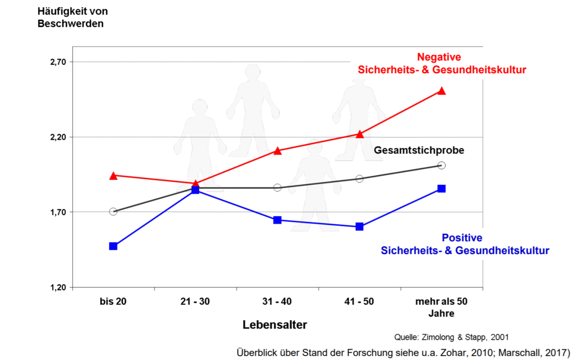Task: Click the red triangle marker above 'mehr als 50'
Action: pyautogui.click(x=441, y=91)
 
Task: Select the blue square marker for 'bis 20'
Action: pyautogui.click(x=113, y=246)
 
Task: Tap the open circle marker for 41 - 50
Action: pyautogui.click(x=359, y=179)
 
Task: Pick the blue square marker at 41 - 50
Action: pyautogui.click(x=359, y=226)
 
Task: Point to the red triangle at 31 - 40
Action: pyautogui.click(x=277, y=151)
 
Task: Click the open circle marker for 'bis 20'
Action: pyautogui.click(x=113, y=211)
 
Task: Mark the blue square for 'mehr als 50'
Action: pyautogui.click(x=441, y=188)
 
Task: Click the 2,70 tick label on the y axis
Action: pyautogui.click(x=58, y=62)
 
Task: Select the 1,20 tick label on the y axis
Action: pyautogui.click(x=58, y=287)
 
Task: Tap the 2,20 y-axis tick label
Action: pyautogui.click(x=58, y=137)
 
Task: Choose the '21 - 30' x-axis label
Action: pyautogui.click(x=195, y=301)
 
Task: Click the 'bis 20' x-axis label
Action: pyautogui.click(x=113, y=301)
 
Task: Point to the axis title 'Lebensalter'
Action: pyautogui.click(x=275, y=325)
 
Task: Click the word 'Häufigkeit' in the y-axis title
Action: pyautogui.click(x=58, y=11)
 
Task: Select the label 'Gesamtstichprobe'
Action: pyautogui.click(x=419, y=150)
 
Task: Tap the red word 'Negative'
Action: pyautogui.click(x=439, y=57)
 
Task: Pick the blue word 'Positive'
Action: pyautogui.click(x=462, y=238)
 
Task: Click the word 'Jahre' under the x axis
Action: pyautogui.click(x=441, y=313)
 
